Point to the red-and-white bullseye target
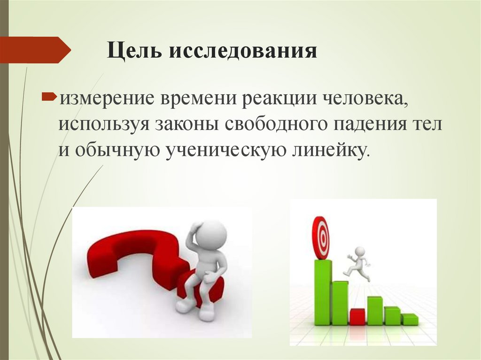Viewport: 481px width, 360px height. [321, 237]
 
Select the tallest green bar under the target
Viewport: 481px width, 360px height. [323, 292]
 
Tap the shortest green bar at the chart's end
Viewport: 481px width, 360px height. [410, 319]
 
